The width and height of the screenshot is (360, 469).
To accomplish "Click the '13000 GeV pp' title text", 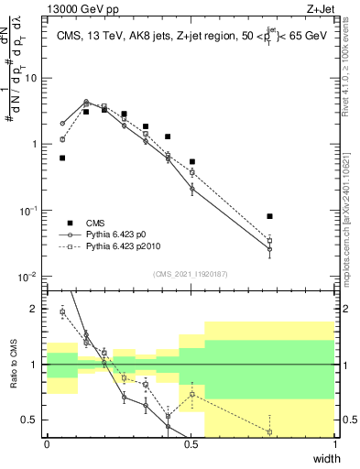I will [x=82, y=9].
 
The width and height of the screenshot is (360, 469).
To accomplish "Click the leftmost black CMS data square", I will [x=62, y=158].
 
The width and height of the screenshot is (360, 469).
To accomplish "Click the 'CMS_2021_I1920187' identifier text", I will [x=190, y=274].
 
